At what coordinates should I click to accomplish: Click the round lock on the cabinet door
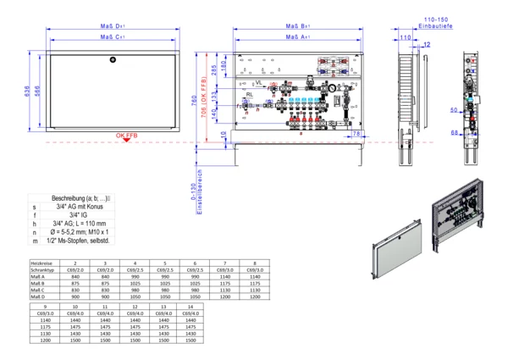click(113, 60)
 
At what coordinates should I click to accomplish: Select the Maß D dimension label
click(113, 27)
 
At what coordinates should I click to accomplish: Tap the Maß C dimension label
click(113, 37)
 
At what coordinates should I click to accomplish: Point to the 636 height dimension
click(27, 91)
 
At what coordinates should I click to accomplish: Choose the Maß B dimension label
click(297, 27)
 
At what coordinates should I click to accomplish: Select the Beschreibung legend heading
click(86, 197)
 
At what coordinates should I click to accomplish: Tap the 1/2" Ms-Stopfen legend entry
click(87, 242)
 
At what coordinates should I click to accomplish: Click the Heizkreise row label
click(43, 264)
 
